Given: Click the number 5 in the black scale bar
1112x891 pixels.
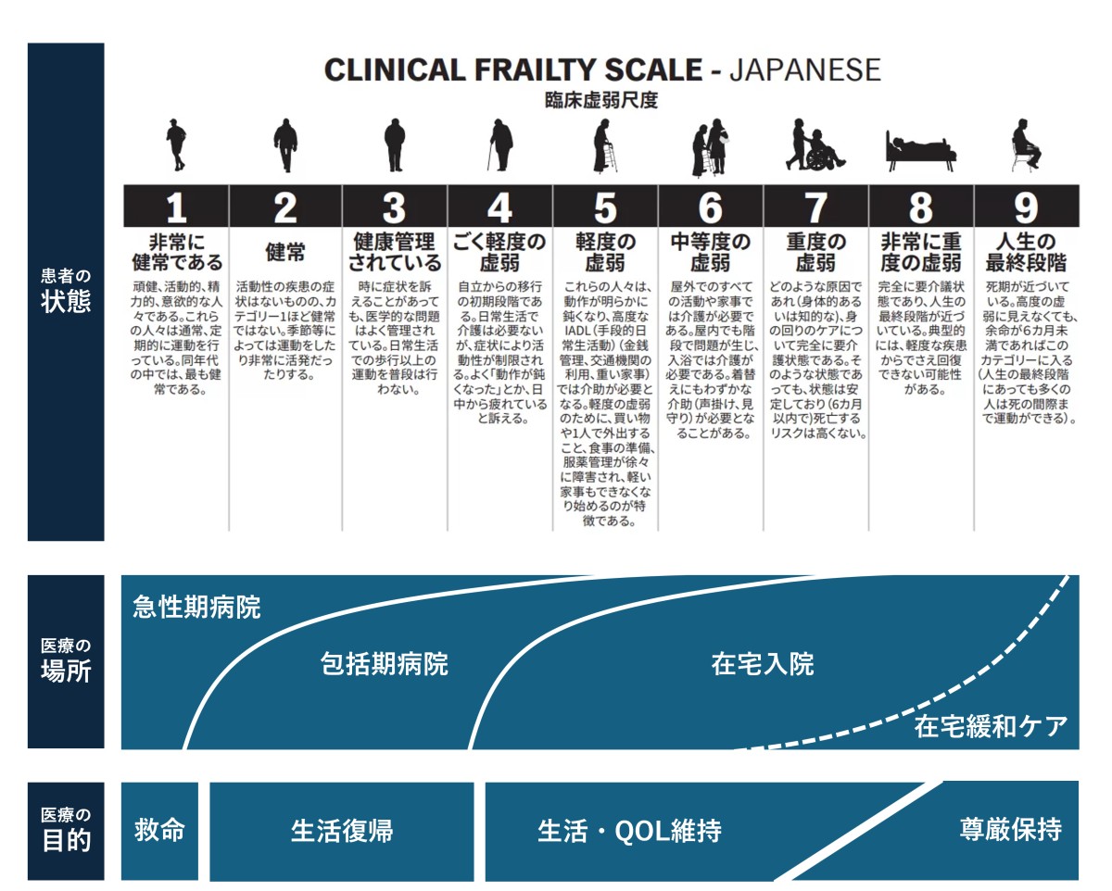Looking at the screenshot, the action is (x=605, y=207).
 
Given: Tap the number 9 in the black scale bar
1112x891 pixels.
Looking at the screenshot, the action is (x=1026, y=207).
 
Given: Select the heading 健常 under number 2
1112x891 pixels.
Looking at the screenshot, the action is (x=284, y=252).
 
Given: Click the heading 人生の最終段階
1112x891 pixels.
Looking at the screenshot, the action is (x=1026, y=252).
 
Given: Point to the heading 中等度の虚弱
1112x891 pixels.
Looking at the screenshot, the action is (x=710, y=252).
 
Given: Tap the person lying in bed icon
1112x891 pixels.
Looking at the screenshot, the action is (x=920, y=150).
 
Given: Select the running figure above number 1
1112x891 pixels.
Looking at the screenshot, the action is (x=176, y=144).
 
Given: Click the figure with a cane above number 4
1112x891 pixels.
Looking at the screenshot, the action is (x=499, y=144).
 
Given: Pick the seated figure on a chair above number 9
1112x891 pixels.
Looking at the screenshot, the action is (x=1026, y=145).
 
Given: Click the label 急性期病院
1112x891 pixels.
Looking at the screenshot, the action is (x=196, y=607).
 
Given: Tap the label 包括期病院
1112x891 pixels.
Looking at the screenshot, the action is (x=384, y=664).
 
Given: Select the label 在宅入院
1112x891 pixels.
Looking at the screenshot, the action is (x=763, y=664).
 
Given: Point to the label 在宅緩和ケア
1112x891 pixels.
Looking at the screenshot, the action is (x=991, y=726).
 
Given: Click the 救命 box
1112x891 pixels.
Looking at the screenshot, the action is (x=159, y=831).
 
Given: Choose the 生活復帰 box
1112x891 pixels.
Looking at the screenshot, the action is (x=342, y=831).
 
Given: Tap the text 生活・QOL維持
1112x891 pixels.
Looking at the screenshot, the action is (x=629, y=831).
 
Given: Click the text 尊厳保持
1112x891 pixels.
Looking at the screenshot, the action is (x=1011, y=829).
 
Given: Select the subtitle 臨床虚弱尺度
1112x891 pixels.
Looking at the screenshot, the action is (x=601, y=100).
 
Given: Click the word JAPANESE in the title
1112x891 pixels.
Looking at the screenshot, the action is (x=805, y=69).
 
